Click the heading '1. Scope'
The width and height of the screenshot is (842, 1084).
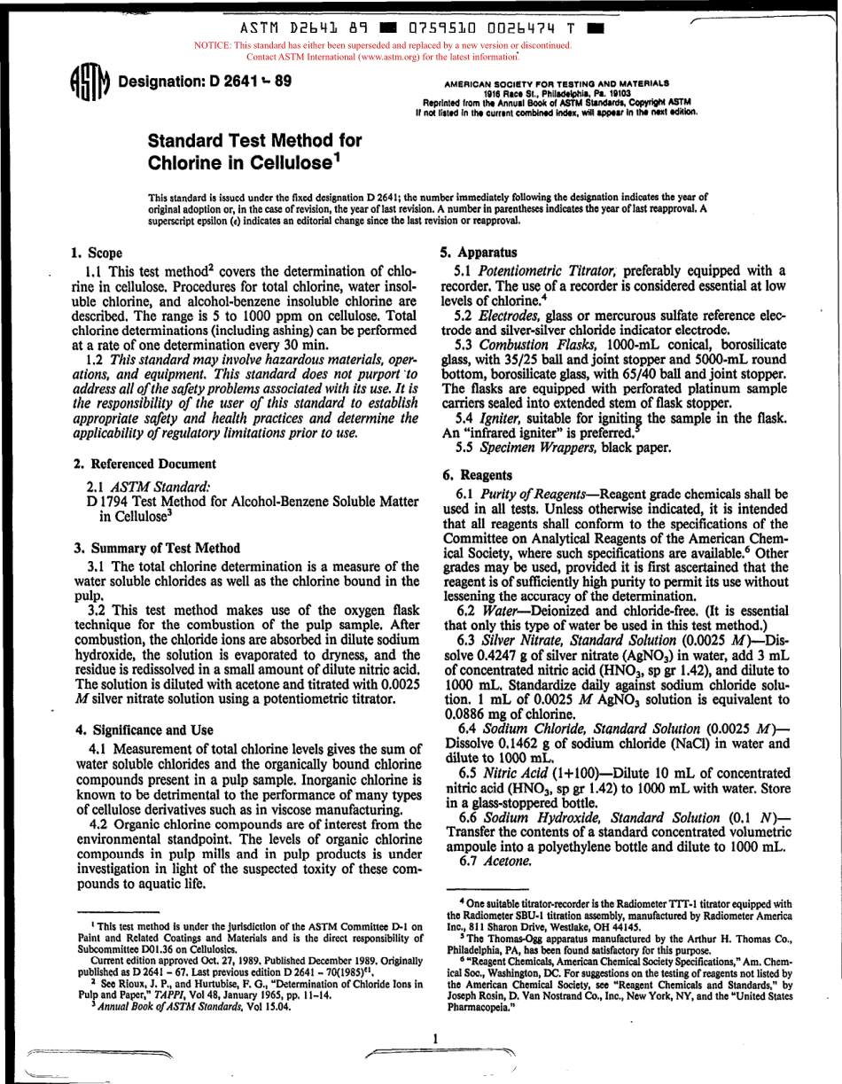pos(97,253)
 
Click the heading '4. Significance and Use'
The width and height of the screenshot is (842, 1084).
pos(144,730)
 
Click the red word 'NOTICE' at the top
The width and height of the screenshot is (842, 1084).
pos(212,44)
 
